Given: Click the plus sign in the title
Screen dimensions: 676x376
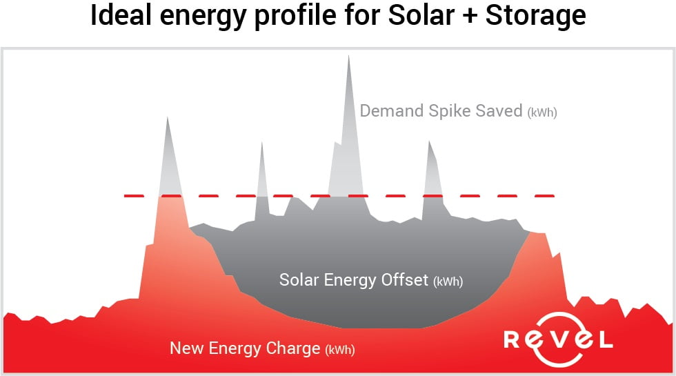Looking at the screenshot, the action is tap(470, 17).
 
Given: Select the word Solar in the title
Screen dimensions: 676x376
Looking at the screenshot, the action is tap(421, 15).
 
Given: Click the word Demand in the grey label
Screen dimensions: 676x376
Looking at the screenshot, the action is tap(392, 111).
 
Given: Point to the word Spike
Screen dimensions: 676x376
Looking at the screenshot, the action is tap(450, 112).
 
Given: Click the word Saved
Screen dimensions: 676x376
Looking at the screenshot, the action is tap(499, 111).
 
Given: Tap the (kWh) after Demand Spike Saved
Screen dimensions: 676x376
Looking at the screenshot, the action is tap(542, 112).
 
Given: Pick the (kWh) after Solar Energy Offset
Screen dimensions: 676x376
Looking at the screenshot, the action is tap(448, 281).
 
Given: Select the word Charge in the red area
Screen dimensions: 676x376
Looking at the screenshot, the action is tap(293, 348).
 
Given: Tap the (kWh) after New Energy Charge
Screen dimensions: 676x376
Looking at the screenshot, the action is tap(340, 350).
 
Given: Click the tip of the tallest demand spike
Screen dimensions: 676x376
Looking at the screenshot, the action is tap(349, 56).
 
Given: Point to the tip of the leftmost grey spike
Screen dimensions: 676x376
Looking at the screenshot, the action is tap(167, 117).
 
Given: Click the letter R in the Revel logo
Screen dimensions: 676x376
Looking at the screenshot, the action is tap(512, 339).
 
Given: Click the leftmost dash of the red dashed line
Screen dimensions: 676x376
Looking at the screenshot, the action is tap(134, 196).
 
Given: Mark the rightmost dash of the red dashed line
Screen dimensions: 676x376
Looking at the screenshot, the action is tap(544, 196).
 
